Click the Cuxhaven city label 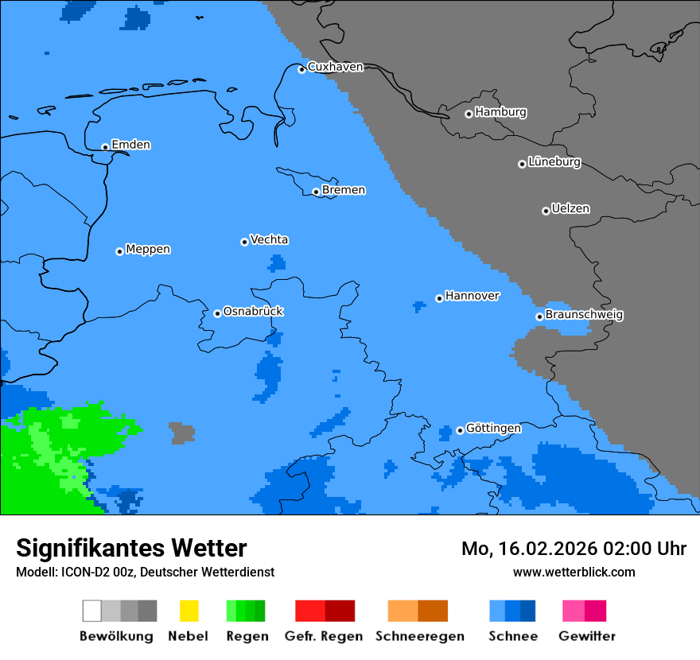coord(335,67)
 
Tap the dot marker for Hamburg coord(469,114)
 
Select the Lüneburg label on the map coord(554,162)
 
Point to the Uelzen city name coord(570,209)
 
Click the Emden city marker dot coord(105,147)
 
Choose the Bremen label coord(344,190)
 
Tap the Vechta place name coord(269,239)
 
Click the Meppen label coord(148,250)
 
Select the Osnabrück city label coord(253,312)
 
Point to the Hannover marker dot coord(439,298)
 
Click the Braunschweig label coord(584,315)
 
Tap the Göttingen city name coord(493,429)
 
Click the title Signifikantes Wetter coord(131,549)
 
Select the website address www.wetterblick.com coord(574,573)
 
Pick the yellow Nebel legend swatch coord(189,611)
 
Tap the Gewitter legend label coord(586,636)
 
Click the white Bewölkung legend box coord(92,611)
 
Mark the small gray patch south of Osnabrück coord(182,433)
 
